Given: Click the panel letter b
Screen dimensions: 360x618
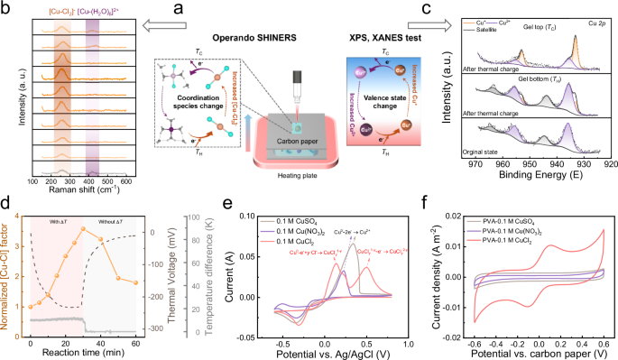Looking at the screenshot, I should click(x=7, y=8).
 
